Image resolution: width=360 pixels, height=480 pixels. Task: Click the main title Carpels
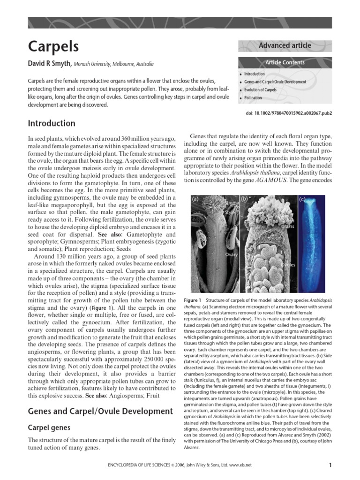53,46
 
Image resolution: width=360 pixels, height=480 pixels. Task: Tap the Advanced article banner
285,45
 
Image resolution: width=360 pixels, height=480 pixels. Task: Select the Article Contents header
285,62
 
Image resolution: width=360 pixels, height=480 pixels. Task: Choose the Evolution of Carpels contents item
260,90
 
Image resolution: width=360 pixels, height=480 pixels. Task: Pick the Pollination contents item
253,97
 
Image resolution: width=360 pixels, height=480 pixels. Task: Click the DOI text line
285,113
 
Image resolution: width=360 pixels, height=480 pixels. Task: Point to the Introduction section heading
52,123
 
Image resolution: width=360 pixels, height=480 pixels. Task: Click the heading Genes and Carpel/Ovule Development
100,411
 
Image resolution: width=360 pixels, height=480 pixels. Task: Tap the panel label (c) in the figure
302,199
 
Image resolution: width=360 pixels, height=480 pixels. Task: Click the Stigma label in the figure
232,202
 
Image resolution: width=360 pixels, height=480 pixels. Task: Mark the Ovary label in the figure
232,255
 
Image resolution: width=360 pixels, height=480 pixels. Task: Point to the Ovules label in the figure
288,265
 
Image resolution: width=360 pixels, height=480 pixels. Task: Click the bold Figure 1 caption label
193,300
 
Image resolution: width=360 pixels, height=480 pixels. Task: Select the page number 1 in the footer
330,465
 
